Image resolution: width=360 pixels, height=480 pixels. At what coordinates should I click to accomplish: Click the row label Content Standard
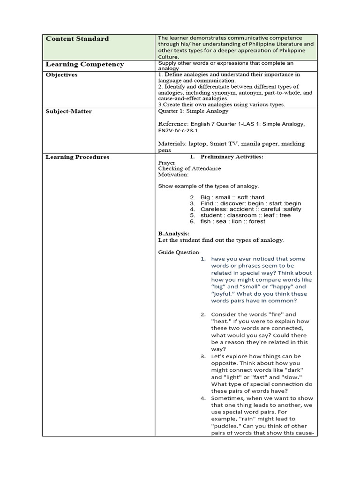click(x=77, y=39)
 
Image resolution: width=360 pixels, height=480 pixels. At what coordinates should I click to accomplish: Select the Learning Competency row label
click(x=84, y=64)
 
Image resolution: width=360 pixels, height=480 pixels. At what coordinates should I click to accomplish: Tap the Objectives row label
click(x=61, y=75)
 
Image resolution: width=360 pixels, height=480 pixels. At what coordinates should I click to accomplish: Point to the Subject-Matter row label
click(x=68, y=112)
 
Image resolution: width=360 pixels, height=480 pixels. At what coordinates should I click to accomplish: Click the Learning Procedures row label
click(x=77, y=157)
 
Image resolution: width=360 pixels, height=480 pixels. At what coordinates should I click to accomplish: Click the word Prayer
click(x=166, y=163)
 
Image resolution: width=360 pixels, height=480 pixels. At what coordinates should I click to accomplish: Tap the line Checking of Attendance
click(x=189, y=169)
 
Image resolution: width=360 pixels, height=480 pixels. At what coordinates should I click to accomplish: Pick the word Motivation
click(x=173, y=175)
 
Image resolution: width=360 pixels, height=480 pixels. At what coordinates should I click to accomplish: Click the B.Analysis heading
click(x=173, y=233)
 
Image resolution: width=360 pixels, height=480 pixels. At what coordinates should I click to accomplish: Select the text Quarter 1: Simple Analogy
click(x=193, y=112)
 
